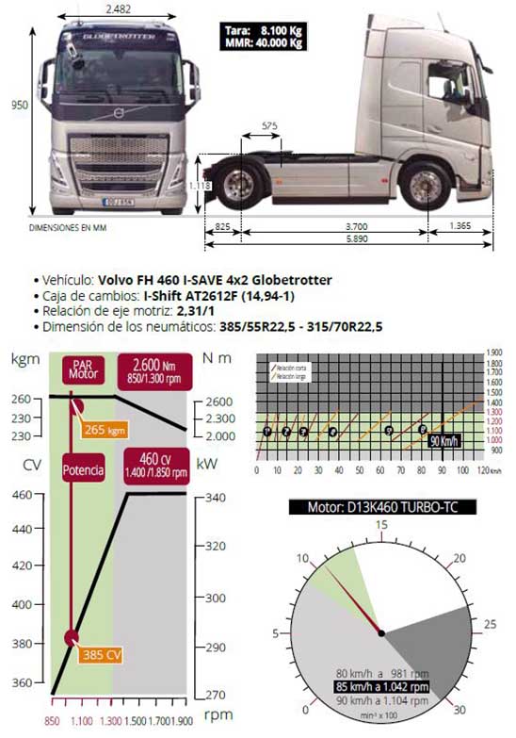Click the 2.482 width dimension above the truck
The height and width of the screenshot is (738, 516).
[x=118, y=9]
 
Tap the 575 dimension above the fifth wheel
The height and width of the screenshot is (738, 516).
[x=270, y=124]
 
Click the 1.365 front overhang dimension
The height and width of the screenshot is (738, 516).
[x=461, y=226]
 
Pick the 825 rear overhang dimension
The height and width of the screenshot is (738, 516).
[x=222, y=226]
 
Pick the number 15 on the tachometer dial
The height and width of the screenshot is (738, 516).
[x=381, y=525]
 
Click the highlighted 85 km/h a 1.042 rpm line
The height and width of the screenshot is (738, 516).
[x=380, y=687]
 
